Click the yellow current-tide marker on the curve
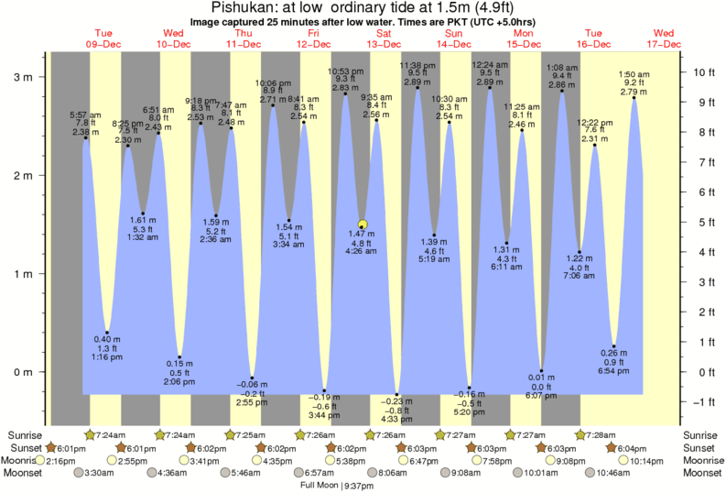pyautogui.click(x=363, y=224)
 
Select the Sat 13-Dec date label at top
pyautogui.click(x=384, y=37)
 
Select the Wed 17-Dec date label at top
pyautogui.click(x=663, y=37)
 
